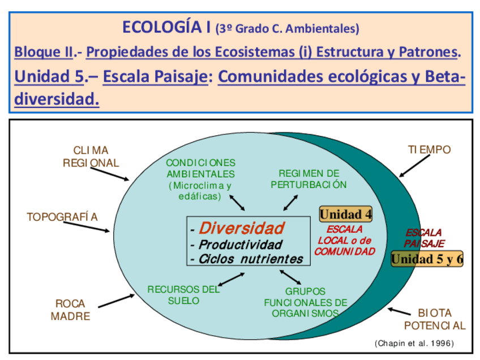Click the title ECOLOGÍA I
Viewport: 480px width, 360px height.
click(x=167, y=27)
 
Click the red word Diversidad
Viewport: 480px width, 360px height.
click(x=242, y=228)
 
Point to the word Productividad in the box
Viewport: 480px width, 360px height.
click(x=240, y=245)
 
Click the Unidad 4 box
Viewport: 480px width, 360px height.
click(x=345, y=214)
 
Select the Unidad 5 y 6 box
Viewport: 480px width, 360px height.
click(x=427, y=259)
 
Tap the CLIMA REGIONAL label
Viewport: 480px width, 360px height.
click(x=91, y=157)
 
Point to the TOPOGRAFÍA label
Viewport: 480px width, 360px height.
click(x=62, y=217)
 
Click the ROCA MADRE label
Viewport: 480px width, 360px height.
click(x=70, y=310)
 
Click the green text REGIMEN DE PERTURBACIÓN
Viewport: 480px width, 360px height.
click(x=308, y=179)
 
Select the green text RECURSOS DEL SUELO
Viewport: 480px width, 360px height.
click(x=183, y=295)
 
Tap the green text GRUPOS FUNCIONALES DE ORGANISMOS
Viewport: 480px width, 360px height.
click(x=305, y=302)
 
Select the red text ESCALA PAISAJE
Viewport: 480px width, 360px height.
click(x=424, y=238)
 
